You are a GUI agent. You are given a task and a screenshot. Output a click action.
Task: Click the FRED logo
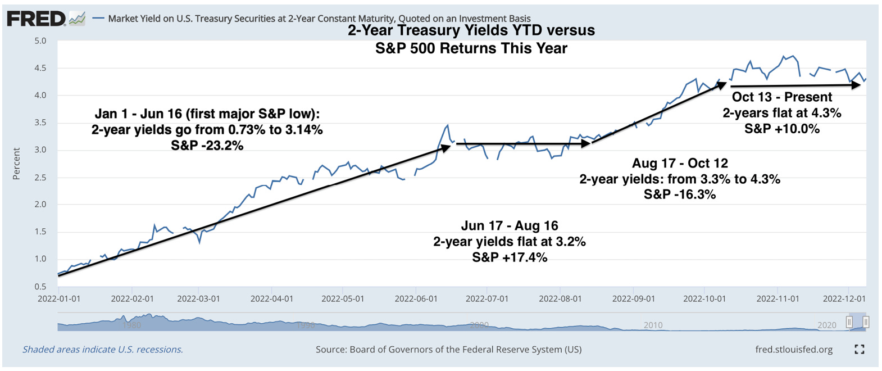tap(37, 19)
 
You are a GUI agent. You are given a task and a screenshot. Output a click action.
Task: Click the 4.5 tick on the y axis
tap(40, 68)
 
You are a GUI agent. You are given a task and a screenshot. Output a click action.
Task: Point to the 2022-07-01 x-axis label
tap(487, 298)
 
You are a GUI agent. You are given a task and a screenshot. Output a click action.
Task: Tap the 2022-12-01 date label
tap(844, 298)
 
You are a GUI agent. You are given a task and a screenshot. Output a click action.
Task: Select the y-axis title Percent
tap(16, 164)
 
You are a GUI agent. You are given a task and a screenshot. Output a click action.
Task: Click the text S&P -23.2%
tap(207, 146)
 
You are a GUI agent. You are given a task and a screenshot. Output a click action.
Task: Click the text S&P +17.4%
tap(509, 257)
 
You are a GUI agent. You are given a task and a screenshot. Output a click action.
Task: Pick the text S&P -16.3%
tap(679, 194)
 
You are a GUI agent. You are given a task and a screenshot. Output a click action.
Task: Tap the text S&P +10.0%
tap(781, 129)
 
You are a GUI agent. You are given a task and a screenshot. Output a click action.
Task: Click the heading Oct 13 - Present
tap(781, 97)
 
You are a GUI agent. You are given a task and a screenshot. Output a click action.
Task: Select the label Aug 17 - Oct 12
tap(679, 163)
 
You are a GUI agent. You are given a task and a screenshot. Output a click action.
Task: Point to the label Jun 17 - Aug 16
tap(509, 226)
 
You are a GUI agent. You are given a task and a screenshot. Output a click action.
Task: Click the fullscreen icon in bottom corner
tap(859, 349)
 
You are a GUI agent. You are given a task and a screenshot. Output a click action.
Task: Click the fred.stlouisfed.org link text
tap(793, 350)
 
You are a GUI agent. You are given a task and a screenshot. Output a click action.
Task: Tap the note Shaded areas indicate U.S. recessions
tap(103, 350)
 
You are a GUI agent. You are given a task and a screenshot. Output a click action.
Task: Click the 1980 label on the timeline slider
tap(131, 325)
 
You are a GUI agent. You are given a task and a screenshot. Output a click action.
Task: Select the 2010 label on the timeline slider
tap(653, 325)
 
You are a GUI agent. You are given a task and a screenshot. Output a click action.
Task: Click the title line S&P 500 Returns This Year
tap(471, 48)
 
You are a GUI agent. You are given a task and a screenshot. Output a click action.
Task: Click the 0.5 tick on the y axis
tap(40, 286)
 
